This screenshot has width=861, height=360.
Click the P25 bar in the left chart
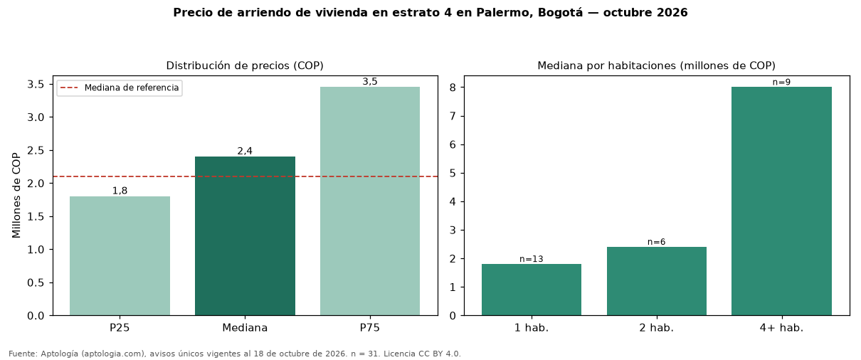pos(120,256)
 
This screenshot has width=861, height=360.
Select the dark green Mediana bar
pos(245,236)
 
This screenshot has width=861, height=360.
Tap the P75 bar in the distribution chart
pos(370,201)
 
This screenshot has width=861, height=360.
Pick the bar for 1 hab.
pos(532,290)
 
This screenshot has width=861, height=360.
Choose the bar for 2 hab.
pos(657,281)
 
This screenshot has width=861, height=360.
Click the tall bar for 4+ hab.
pos(781,201)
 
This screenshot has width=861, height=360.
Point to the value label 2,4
pos(245,151)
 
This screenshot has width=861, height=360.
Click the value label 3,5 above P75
pos(370,81)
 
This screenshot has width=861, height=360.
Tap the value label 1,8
pos(120,191)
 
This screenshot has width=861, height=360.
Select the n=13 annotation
pos(532,259)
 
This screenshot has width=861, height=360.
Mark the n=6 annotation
pos(657,242)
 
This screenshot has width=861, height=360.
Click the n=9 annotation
pos(781,83)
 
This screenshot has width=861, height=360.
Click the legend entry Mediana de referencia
pos(132,88)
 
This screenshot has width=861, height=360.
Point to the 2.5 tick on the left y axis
pos(36,150)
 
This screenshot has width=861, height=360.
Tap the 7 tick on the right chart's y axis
pos(453,116)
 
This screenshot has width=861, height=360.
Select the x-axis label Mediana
pos(245,328)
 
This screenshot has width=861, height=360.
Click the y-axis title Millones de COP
pos(16,195)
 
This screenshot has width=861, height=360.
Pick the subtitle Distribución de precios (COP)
pos(245,65)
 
